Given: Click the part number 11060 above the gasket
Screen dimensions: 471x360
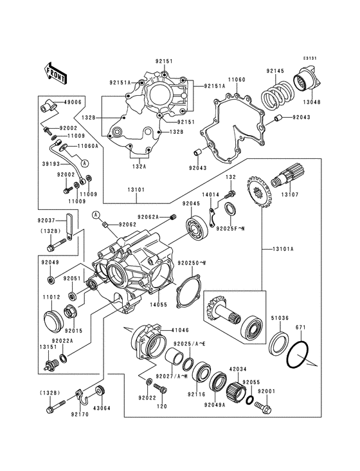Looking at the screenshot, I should [237, 79].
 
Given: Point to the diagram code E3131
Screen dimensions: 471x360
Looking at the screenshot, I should [310, 59].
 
